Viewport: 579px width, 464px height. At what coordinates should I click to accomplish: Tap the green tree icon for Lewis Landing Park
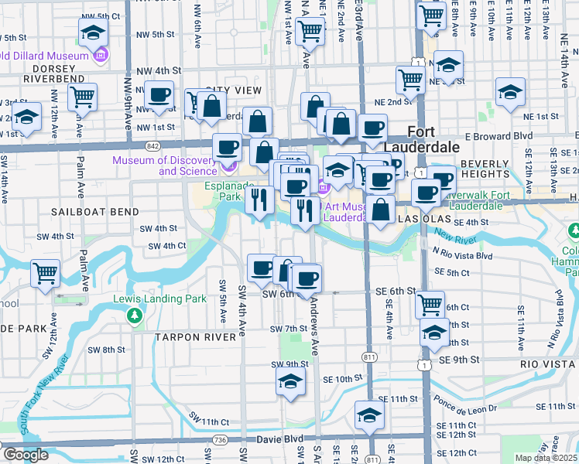coord(135,316)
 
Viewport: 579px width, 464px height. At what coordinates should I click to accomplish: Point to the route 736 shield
coord(221,439)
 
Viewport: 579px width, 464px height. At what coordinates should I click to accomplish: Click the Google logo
coord(26,455)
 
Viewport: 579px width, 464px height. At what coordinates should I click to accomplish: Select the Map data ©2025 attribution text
coord(546,458)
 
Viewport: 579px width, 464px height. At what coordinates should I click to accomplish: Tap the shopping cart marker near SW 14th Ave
coord(46,272)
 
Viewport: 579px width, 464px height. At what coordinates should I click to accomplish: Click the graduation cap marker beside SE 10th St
coord(290,381)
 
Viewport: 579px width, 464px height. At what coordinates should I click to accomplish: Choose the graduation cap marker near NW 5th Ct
coord(93,33)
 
